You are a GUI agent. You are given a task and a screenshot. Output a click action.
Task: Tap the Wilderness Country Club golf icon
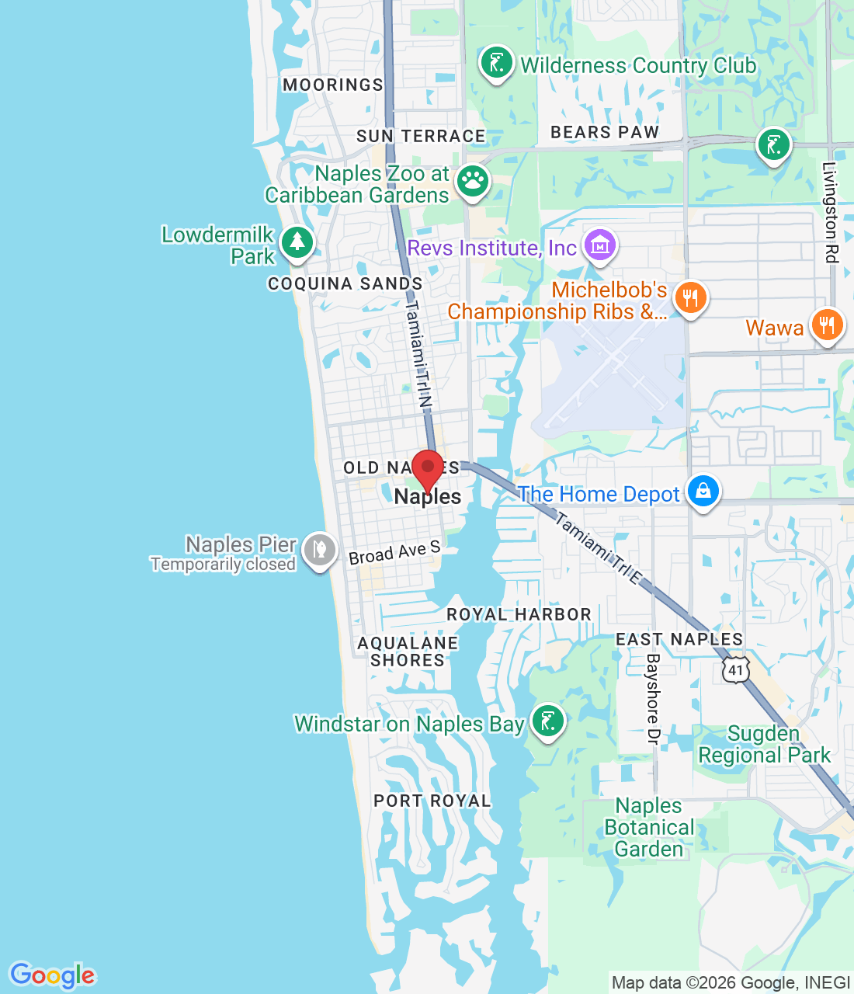(496, 62)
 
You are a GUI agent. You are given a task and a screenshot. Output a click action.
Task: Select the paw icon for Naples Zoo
(472, 182)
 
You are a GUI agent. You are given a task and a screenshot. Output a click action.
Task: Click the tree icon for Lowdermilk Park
(297, 242)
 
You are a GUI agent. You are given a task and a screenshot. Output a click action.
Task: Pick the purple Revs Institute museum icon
(599, 246)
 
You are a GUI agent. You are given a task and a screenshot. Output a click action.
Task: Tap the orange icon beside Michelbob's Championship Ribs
(689, 297)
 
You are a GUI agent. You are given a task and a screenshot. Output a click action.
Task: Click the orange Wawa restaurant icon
(827, 325)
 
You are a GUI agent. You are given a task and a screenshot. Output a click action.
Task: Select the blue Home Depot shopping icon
(703, 492)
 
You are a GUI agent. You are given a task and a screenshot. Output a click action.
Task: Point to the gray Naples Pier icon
(319, 551)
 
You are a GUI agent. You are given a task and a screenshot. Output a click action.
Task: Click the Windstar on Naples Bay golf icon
(547, 721)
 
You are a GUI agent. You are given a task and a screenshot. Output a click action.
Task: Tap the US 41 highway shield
(735, 670)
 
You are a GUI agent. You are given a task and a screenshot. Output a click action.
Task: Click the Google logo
(53, 975)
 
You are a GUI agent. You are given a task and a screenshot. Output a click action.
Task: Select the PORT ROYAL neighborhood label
(432, 801)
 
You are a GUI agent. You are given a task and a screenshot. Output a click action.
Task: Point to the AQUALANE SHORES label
(408, 652)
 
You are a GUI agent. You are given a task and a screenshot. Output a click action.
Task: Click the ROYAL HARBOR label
(519, 614)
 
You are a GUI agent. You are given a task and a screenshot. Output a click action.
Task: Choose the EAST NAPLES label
(679, 639)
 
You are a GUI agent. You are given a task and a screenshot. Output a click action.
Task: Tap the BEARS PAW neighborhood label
(605, 132)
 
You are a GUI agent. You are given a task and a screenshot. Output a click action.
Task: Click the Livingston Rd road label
(831, 212)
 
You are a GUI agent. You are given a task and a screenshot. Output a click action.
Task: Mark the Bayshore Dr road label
(653, 699)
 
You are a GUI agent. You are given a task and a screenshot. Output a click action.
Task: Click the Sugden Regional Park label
(764, 744)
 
